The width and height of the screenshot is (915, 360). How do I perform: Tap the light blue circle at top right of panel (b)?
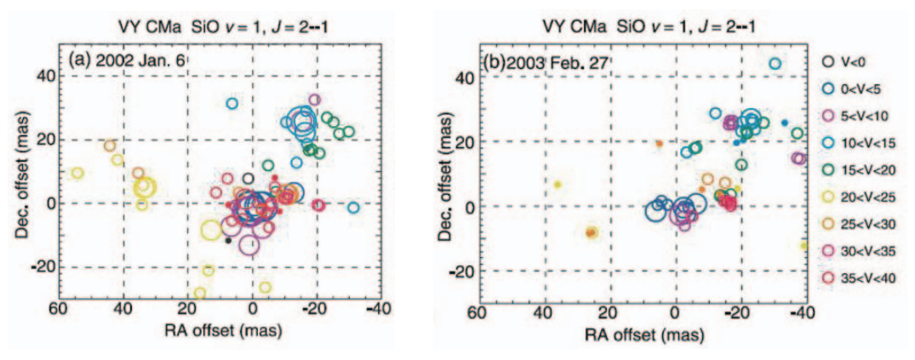pos(775,64)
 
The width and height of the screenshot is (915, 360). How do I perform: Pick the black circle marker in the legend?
pos(828,61)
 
